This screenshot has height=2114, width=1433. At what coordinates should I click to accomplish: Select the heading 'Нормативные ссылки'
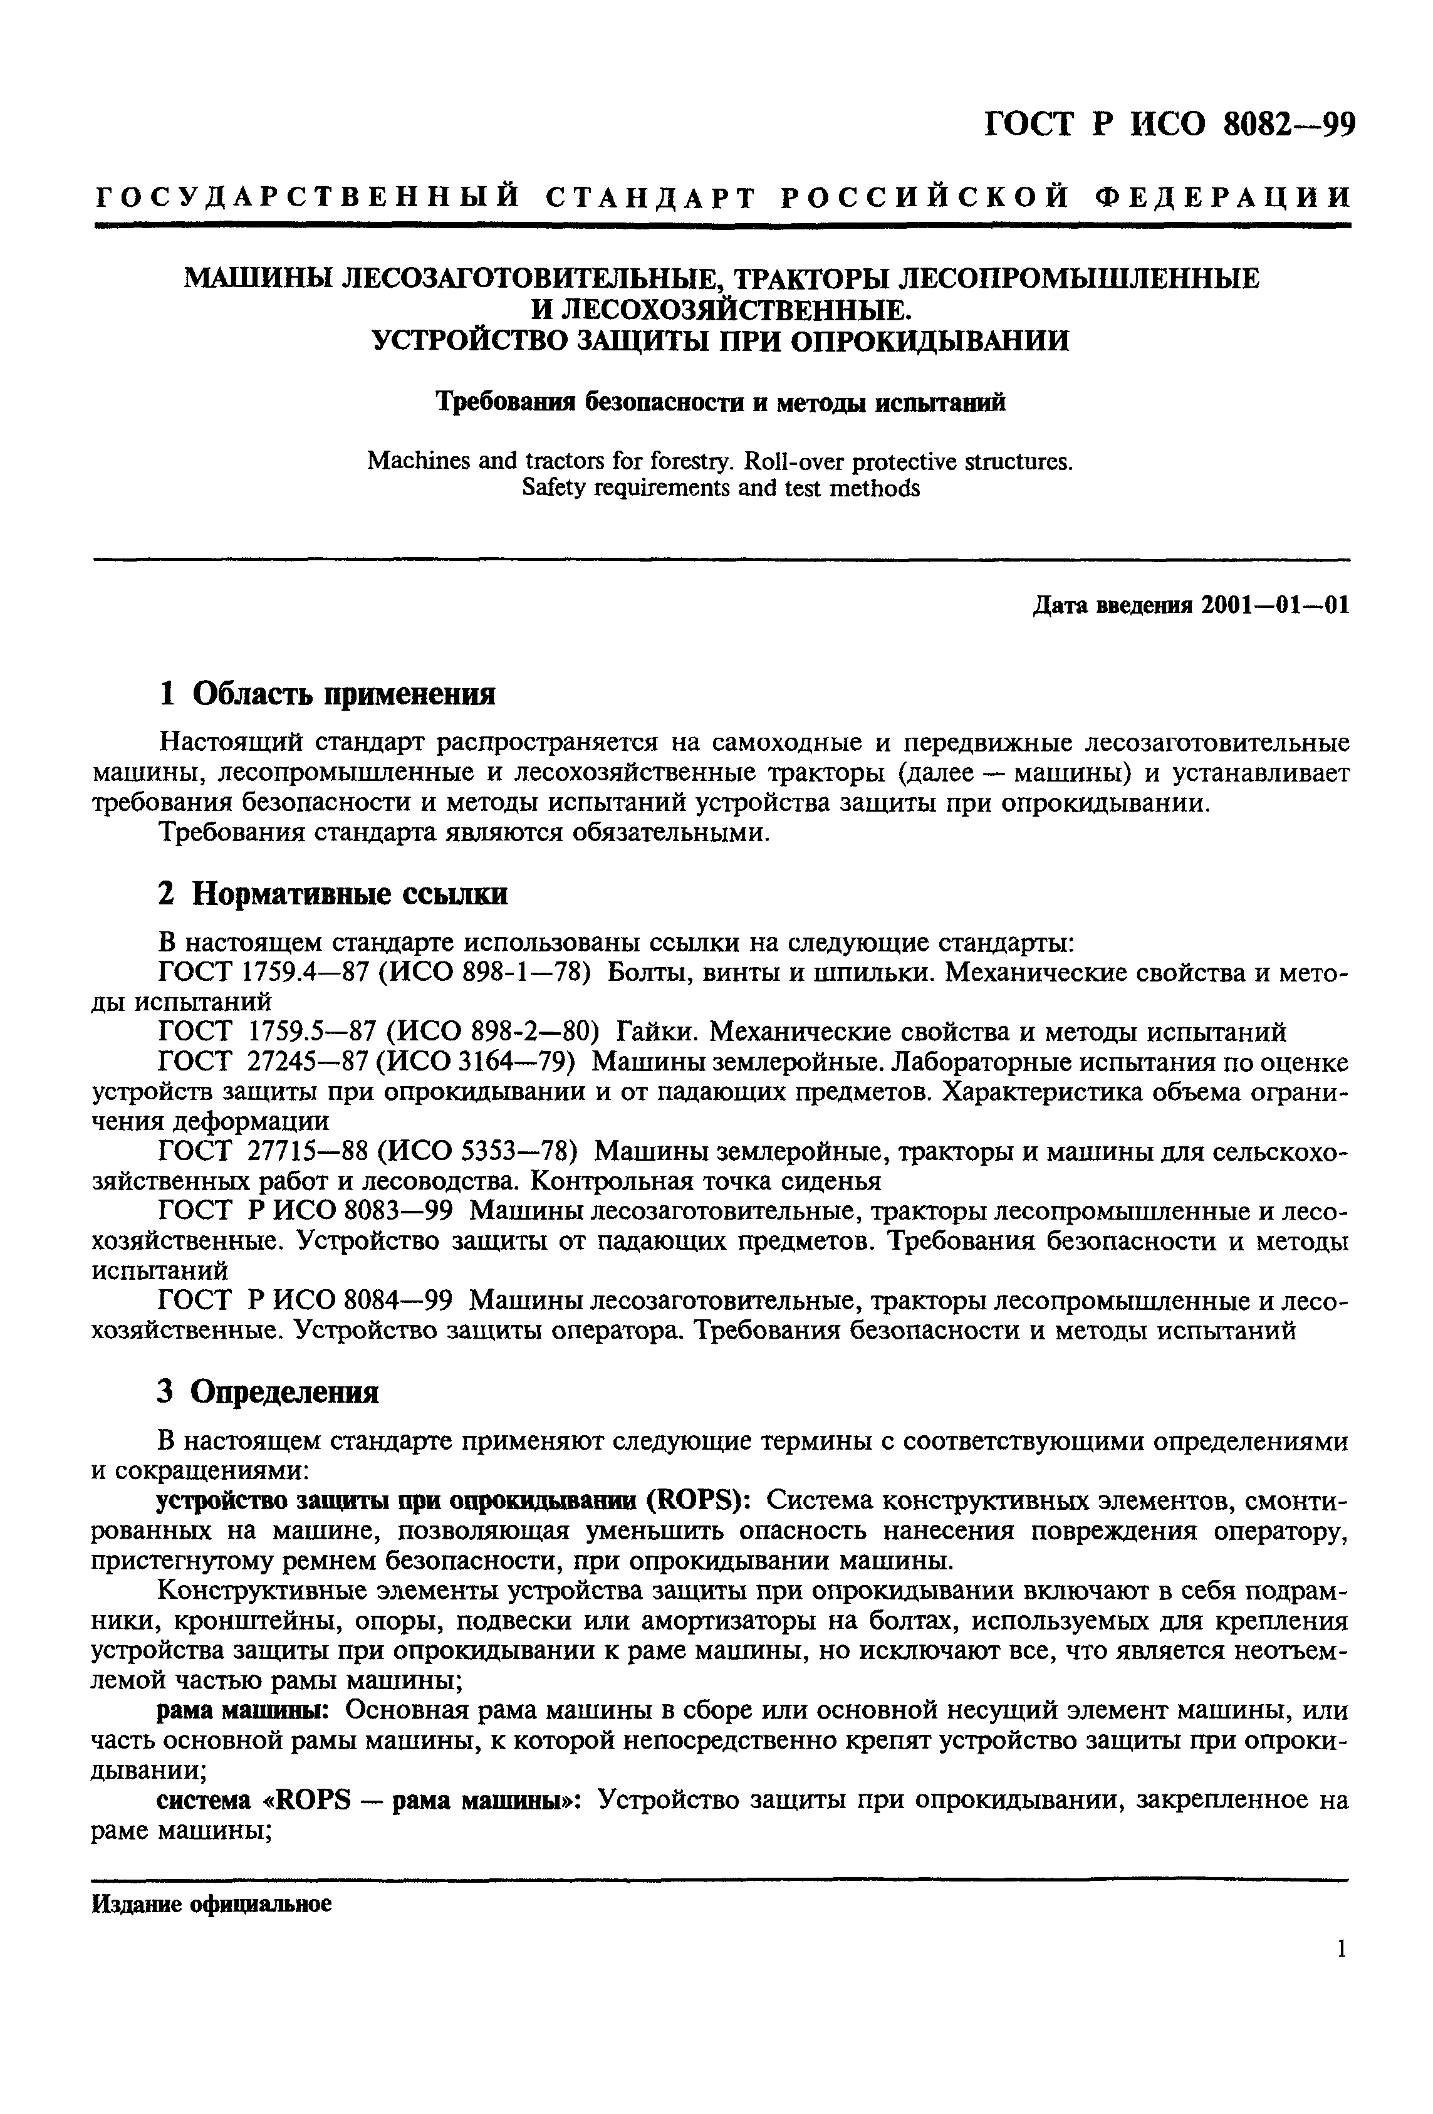[350, 894]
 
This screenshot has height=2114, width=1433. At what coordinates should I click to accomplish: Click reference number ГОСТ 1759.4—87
[263, 973]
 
